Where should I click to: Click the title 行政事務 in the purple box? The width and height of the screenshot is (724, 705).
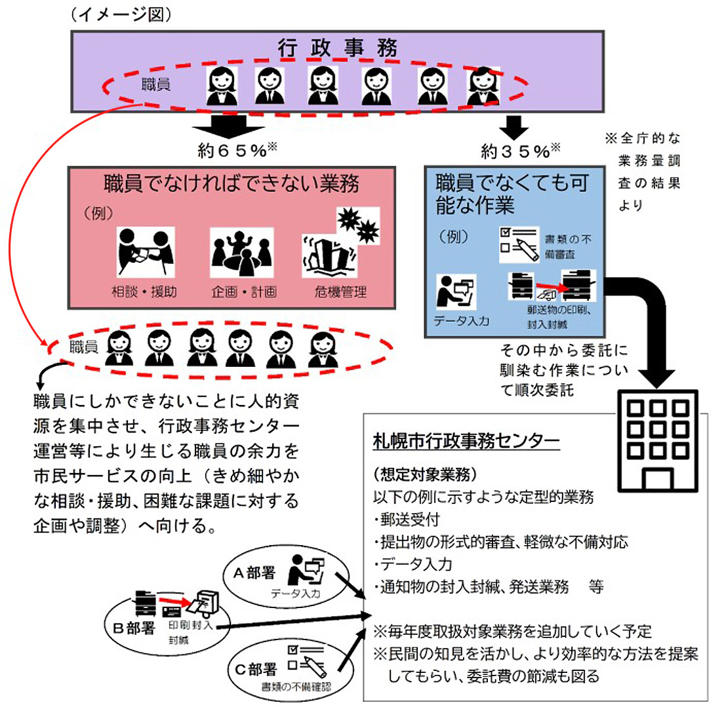pos(337,48)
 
